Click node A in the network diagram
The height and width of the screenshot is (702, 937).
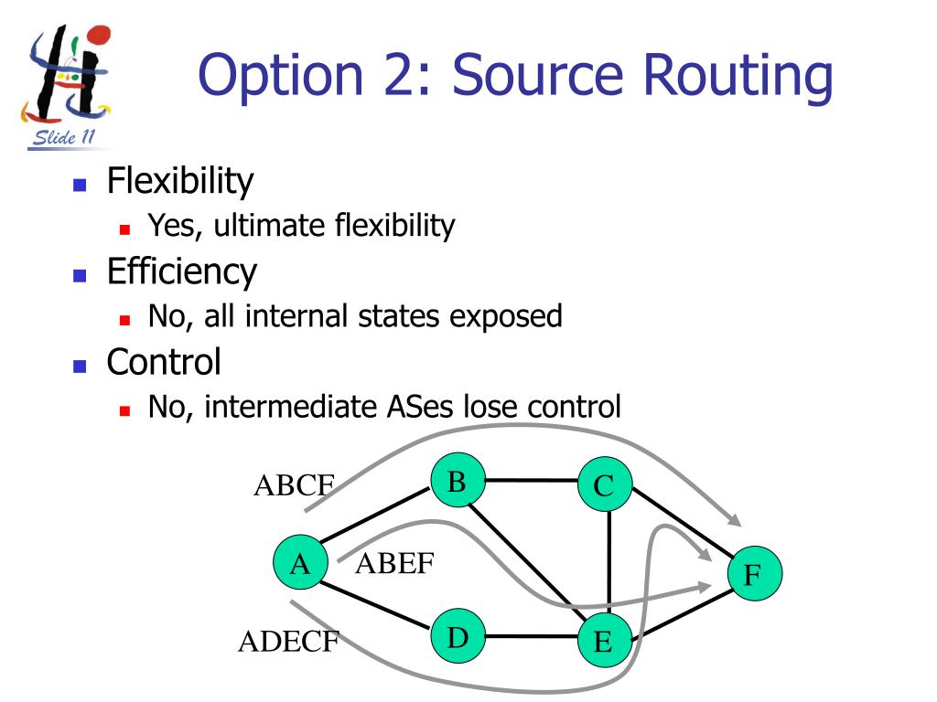(300, 565)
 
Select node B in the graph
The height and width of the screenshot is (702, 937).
(458, 481)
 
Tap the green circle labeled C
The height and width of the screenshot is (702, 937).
(605, 485)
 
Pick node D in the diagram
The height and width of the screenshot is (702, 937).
(458, 637)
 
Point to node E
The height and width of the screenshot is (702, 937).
(603, 642)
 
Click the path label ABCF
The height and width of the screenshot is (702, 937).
(294, 485)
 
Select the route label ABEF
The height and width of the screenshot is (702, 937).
(394, 564)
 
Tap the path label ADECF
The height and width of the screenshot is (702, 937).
(288, 643)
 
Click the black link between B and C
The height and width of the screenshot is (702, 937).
(531, 479)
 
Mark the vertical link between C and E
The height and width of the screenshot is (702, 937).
(609, 563)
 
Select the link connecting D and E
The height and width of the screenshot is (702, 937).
(531, 637)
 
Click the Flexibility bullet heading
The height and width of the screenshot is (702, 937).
(179, 181)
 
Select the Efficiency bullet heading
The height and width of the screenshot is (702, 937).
(181, 271)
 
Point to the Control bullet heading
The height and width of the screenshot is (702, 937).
(164, 362)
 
